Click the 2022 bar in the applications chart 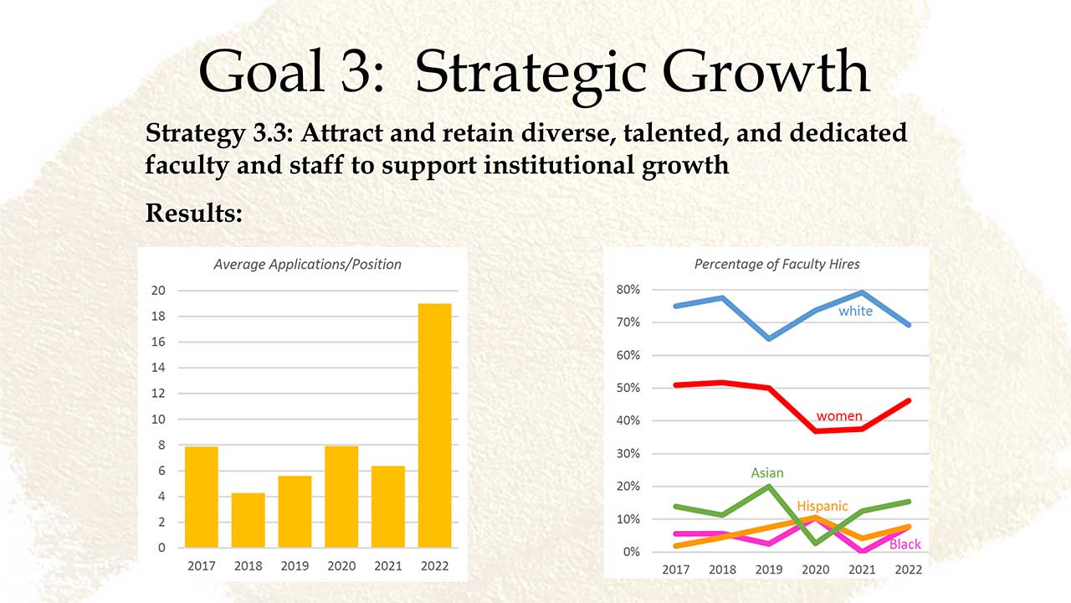click(x=434, y=425)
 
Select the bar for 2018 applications click(x=249, y=520)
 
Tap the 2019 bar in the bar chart click(x=295, y=512)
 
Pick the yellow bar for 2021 click(x=388, y=507)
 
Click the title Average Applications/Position click(x=307, y=264)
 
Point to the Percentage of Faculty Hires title click(x=777, y=264)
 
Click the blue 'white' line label click(x=855, y=311)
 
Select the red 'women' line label click(x=839, y=416)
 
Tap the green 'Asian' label click(x=767, y=473)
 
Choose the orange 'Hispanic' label click(x=822, y=506)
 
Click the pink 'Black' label click(x=905, y=544)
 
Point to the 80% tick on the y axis click(x=628, y=290)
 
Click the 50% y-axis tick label click(x=628, y=388)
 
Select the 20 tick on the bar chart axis click(x=158, y=291)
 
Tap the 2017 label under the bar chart click(x=202, y=566)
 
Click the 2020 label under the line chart click(x=816, y=569)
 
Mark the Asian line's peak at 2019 click(x=769, y=487)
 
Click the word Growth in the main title click(x=766, y=72)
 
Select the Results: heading click(x=194, y=213)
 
